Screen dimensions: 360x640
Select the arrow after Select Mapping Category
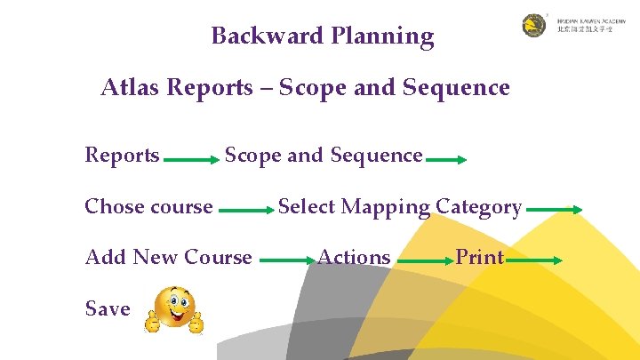555,211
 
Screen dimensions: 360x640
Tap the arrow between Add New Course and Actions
286,261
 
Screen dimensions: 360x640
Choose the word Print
480,258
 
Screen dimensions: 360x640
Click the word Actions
354,258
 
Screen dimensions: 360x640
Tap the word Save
107,309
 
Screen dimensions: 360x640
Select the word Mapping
386,208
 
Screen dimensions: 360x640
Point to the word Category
478,208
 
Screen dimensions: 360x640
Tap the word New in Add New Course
156,258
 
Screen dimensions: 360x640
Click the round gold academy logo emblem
534,25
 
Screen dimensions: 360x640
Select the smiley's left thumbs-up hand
152,321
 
